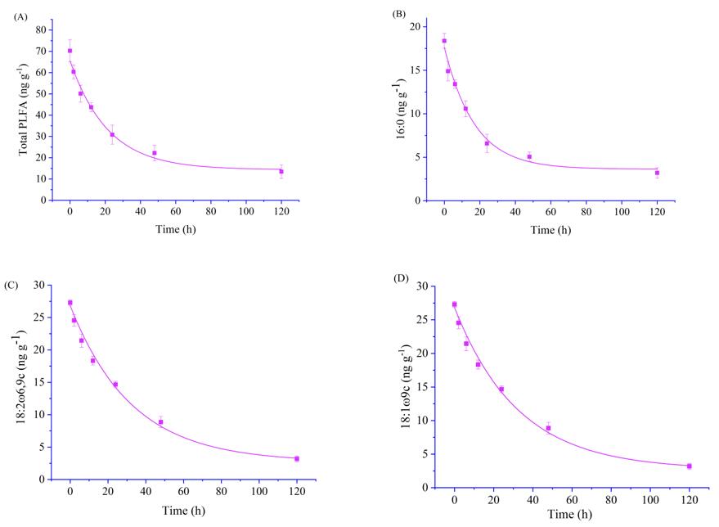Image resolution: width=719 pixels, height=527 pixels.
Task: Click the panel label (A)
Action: click(19, 16)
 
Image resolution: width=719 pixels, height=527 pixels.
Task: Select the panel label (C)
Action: click(12, 285)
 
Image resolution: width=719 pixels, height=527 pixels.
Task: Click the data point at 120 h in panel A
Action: click(281, 172)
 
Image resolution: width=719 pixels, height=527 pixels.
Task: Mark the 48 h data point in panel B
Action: click(529, 156)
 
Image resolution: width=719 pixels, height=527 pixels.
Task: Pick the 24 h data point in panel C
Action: click(115, 385)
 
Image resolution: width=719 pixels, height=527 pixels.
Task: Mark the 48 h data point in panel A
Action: click(155, 153)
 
